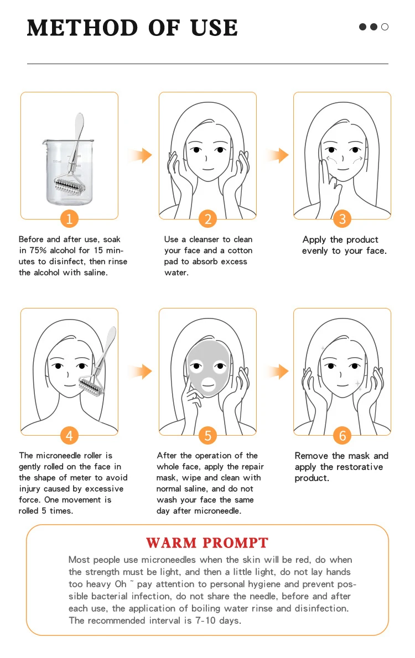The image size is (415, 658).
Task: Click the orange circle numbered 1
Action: coord(69,218)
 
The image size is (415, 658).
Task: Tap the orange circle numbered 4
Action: coord(69,435)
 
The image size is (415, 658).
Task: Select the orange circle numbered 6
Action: coord(343,435)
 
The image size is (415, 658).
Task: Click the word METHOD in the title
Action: coord(82,28)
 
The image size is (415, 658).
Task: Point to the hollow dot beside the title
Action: coord(385,27)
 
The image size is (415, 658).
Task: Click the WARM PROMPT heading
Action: coord(207,542)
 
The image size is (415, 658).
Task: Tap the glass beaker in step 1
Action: coord(69,172)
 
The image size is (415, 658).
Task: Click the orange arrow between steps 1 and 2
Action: coord(140,155)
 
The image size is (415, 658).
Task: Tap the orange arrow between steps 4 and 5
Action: coord(140,372)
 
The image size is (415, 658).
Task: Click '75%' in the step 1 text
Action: coord(38,250)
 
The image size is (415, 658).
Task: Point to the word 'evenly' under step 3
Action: coord(315,251)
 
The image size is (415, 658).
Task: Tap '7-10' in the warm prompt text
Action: coord(205,620)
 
